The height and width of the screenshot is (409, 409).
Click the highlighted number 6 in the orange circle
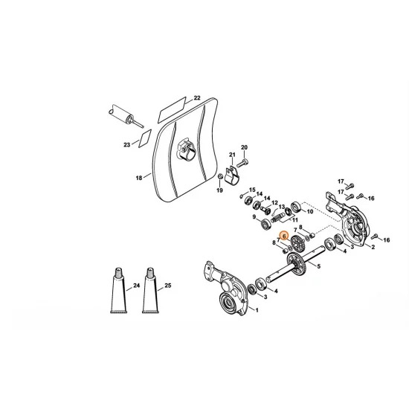pos(284,235)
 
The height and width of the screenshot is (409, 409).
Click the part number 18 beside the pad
pos(138,178)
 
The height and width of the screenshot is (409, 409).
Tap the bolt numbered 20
pos(243,161)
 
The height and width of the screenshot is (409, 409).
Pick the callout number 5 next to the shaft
pos(318,265)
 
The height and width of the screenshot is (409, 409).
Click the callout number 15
pos(252,190)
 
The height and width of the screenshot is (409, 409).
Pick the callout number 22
pos(197,97)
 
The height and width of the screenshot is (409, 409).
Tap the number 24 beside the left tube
pos(136,286)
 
